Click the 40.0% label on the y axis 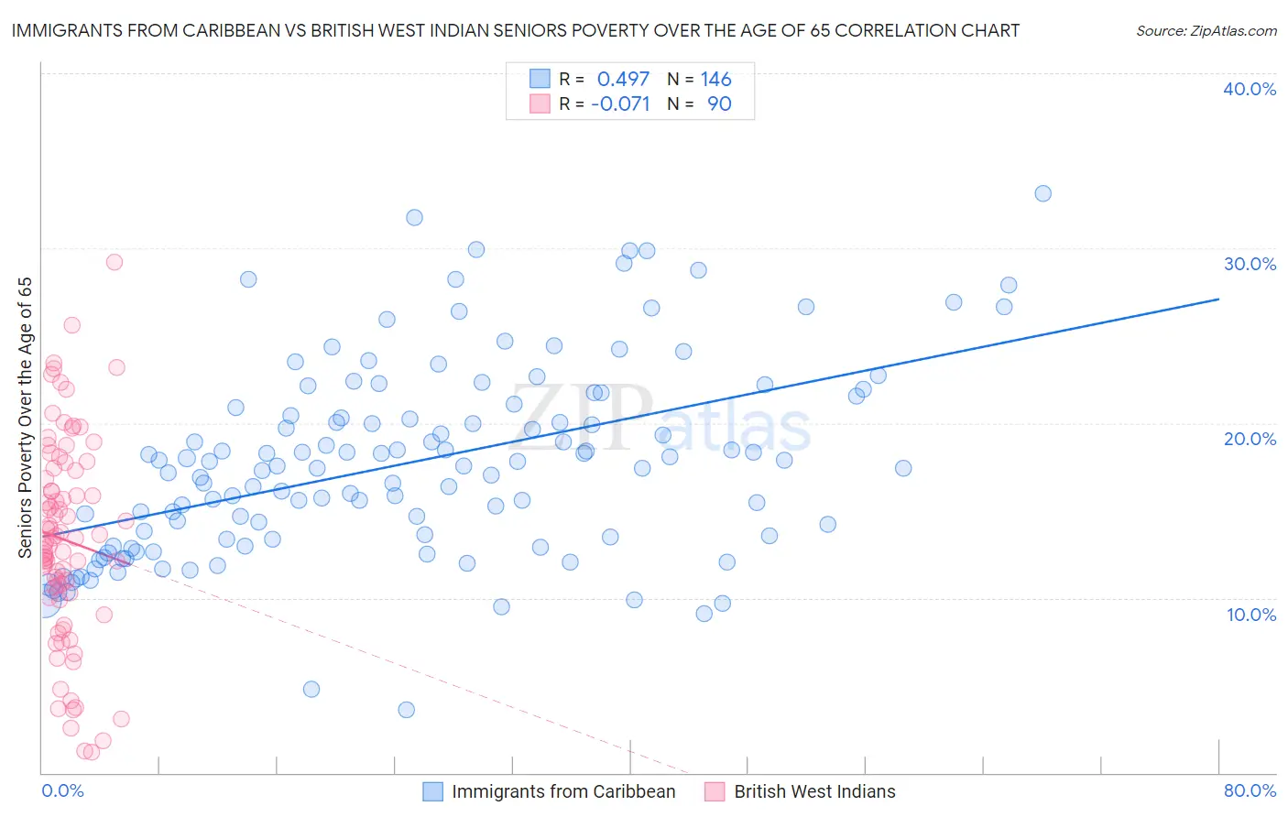click(x=1250, y=89)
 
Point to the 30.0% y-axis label click(x=1250, y=264)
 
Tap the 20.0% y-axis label click(x=1250, y=439)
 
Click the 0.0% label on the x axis click(x=62, y=790)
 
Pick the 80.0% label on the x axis click(x=1250, y=790)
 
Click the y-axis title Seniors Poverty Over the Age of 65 click(x=26, y=418)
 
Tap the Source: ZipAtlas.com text click(x=1206, y=30)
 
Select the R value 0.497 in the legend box click(x=623, y=80)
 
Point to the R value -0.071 click(x=620, y=104)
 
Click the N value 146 click(x=715, y=80)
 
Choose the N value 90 click(x=719, y=104)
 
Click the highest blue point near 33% click(x=1042, y=193)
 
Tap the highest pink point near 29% click(x=115, y=262)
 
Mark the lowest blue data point click(x=407, y=710)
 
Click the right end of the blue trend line click(x=1218, y=300)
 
